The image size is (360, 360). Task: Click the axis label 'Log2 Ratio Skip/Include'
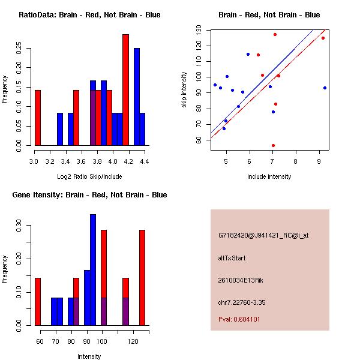89,176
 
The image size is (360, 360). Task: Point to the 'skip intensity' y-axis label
185,90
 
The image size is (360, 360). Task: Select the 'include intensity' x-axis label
269,176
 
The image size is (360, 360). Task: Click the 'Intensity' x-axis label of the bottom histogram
89,356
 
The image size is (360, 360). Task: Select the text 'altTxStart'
231,258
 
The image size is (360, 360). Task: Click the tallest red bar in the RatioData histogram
125,90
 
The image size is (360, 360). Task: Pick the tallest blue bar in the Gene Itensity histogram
93,269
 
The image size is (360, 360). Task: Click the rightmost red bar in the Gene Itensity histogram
142,277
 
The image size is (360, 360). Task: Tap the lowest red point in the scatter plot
273,145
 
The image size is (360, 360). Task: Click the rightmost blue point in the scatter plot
325,88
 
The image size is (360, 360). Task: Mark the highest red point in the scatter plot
275,34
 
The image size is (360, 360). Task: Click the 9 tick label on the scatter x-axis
319,161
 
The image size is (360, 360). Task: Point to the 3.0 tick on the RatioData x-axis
34,161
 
